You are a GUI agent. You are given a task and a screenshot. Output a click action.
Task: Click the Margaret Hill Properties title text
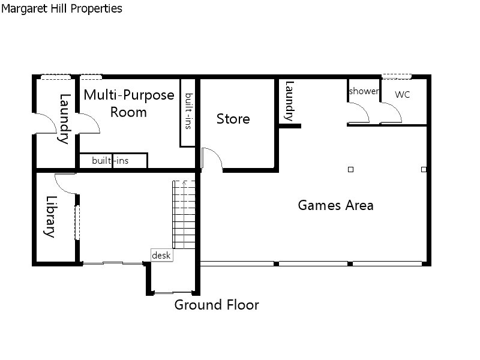[62, 8]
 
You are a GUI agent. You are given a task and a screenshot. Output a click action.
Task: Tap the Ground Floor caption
[217, 305]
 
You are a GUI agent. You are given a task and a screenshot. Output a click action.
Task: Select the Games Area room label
[335, 205]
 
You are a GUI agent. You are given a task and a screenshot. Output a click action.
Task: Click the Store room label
[233, 119]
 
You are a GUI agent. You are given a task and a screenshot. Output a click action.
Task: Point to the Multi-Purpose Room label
[128, 103]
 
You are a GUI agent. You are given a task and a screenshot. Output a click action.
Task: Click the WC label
[403, 95]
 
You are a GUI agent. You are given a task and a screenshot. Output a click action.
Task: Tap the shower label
[364, 91]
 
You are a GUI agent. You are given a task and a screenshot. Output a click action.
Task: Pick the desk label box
[161, 256]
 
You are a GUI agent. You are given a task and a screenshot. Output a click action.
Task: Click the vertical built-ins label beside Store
[188, 110]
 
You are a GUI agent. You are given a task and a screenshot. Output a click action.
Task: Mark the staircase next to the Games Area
[184, 214]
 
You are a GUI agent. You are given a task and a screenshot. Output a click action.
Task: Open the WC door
[391, 113]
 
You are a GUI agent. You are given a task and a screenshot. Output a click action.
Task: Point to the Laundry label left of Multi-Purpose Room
[64, 119]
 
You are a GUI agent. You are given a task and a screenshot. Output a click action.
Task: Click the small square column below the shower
[351, 170]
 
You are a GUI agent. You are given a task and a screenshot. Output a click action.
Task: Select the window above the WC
[397, 76]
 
